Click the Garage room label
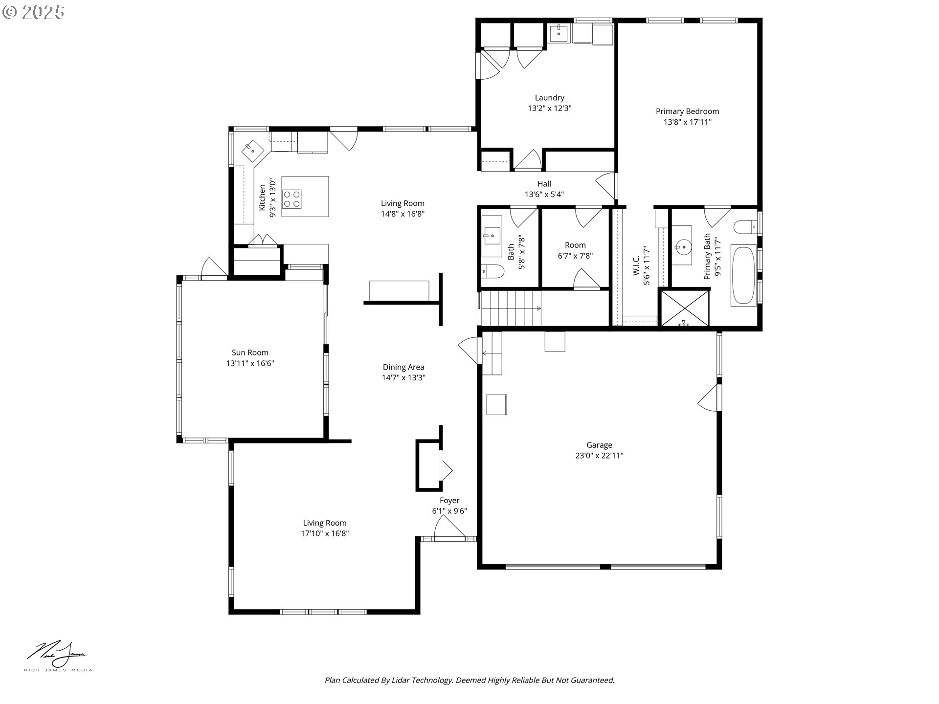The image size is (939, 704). (x=599, y=445)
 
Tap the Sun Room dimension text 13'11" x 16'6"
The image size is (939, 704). (x=250, y=363)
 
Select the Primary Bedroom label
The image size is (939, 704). (x=687, y=111)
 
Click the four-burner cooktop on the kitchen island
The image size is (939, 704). (x=292, y=199)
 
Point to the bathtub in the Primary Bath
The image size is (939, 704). (x=743, y=276)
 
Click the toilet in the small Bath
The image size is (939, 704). (x=492, y=271)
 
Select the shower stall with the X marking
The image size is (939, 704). (x=684, y=308)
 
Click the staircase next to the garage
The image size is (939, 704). (x=511, y=308)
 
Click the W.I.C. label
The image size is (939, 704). (x=636, y=265)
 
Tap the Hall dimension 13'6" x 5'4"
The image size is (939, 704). (x=544, y=195)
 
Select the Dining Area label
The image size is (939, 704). (x=403, y=367)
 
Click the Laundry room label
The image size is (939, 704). (x=549, y=98)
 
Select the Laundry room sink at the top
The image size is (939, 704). (x=559, y=34)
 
